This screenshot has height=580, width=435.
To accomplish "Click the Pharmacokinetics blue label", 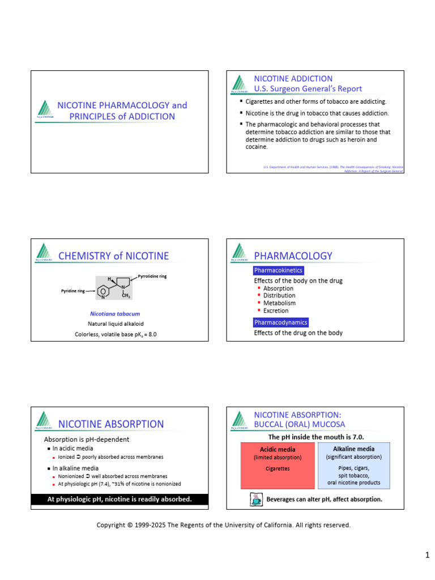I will (278, 271).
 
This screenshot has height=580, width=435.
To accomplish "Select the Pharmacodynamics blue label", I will (281, 322).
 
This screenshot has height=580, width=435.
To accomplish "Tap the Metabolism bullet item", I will (279, 303).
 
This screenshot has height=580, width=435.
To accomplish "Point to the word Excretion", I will (276, 310).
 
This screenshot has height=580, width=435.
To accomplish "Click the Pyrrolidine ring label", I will (152, 276).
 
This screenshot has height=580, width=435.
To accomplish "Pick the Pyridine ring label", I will (73, 291).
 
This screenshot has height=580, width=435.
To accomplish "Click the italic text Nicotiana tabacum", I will (115, 313).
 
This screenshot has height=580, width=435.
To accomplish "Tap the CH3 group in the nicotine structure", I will (126, 296).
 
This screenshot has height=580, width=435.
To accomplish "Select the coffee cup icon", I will (255, 499).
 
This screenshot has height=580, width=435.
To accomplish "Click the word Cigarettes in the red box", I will (278, 468).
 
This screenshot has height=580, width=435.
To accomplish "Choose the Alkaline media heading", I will (353, 449).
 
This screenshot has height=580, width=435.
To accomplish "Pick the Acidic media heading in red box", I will (278, 449).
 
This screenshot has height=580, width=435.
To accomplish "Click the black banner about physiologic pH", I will (120, 499).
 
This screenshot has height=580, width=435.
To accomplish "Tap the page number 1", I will (428, 555).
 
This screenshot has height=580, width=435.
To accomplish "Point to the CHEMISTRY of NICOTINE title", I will (113, 256).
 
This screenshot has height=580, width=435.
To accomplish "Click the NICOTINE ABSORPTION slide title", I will (111, 424).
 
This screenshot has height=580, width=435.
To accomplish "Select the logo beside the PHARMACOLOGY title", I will (240, 253).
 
